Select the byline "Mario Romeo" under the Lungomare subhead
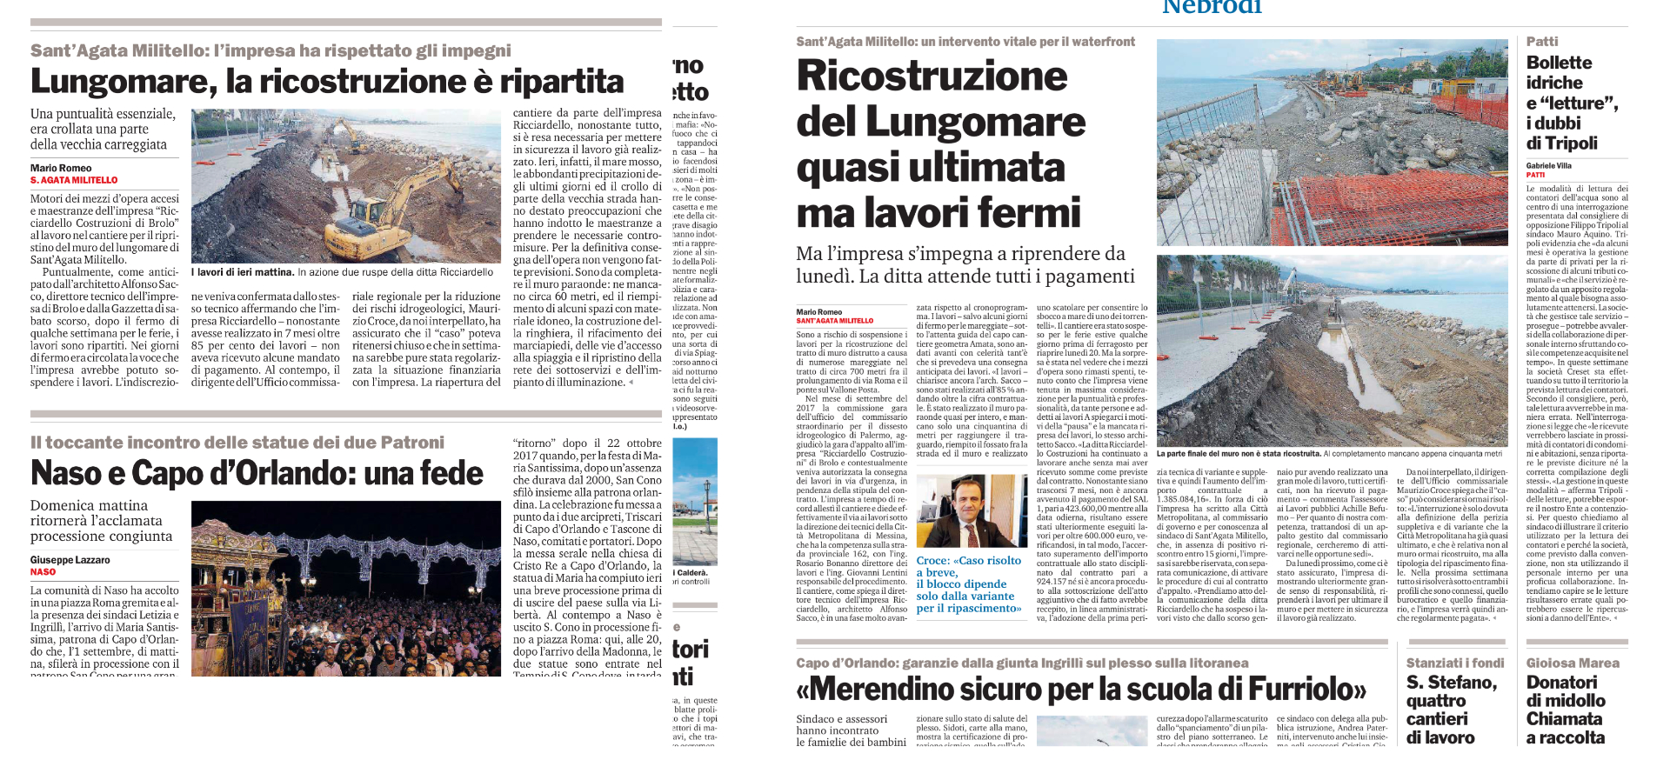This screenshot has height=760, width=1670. (61, 168)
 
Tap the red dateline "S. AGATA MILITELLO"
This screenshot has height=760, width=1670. (74, 180)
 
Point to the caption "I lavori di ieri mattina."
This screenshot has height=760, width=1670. (243, 272)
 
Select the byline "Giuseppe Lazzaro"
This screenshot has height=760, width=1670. (70, 560)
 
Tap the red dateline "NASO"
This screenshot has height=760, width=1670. (43, 572)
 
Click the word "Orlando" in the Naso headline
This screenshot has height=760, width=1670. (292, 474)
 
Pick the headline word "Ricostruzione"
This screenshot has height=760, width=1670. (932, 76)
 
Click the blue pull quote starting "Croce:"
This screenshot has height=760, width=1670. (969, 584)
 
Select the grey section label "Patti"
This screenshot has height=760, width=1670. (1542, 42)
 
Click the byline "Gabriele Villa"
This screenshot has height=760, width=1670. (1549, 165)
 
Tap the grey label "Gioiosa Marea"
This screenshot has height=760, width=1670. (1573, 663)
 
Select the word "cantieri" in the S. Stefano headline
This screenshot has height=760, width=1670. (1437, 719)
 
